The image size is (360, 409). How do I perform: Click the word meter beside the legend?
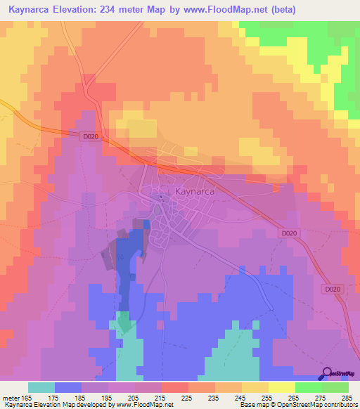[x=11, y=397]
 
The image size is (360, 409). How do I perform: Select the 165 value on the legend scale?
[x=26, y=397]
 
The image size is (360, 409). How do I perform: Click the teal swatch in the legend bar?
[x=41, y=387]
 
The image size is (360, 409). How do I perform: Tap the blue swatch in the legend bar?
[x=67, y=387]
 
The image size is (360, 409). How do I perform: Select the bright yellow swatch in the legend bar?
[x=281, y=387]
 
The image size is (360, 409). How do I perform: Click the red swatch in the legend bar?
[x=174, y=387]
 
